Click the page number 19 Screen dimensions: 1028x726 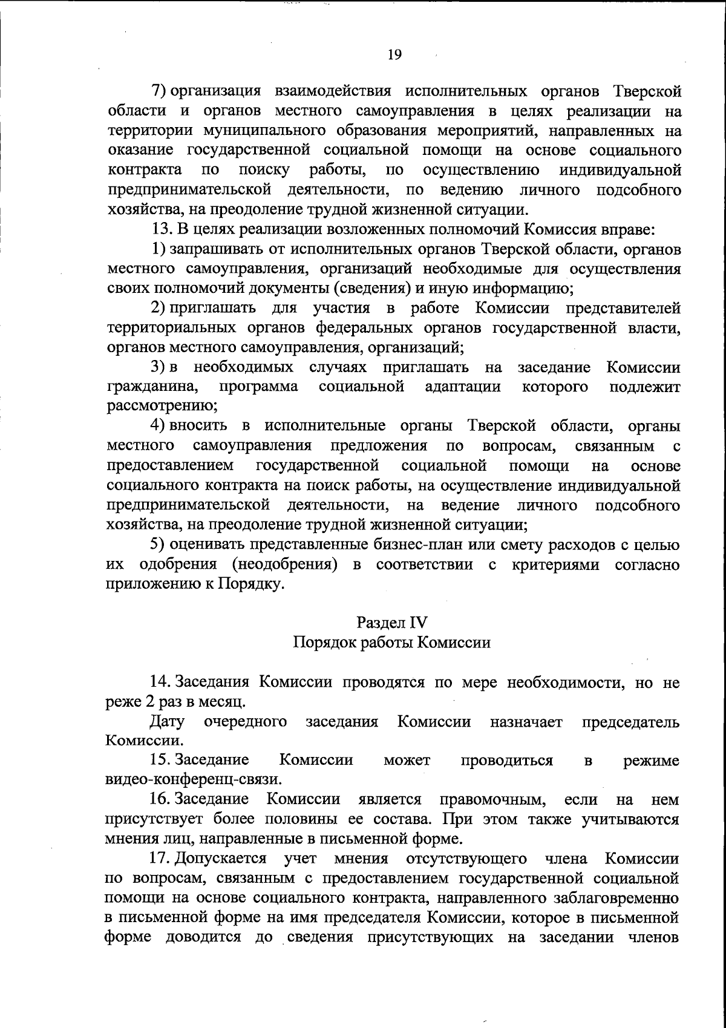[x=393, y=54]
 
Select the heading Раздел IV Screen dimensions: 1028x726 [x=392, y=621]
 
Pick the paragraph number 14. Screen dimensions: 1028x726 [x=161, y=683]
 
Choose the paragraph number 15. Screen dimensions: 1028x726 [x=161, y=761]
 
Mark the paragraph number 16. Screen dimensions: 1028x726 [x=161, y=799]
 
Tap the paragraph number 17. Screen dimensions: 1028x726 [x=161, y=859]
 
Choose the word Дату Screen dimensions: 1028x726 [x=168, y=722]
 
